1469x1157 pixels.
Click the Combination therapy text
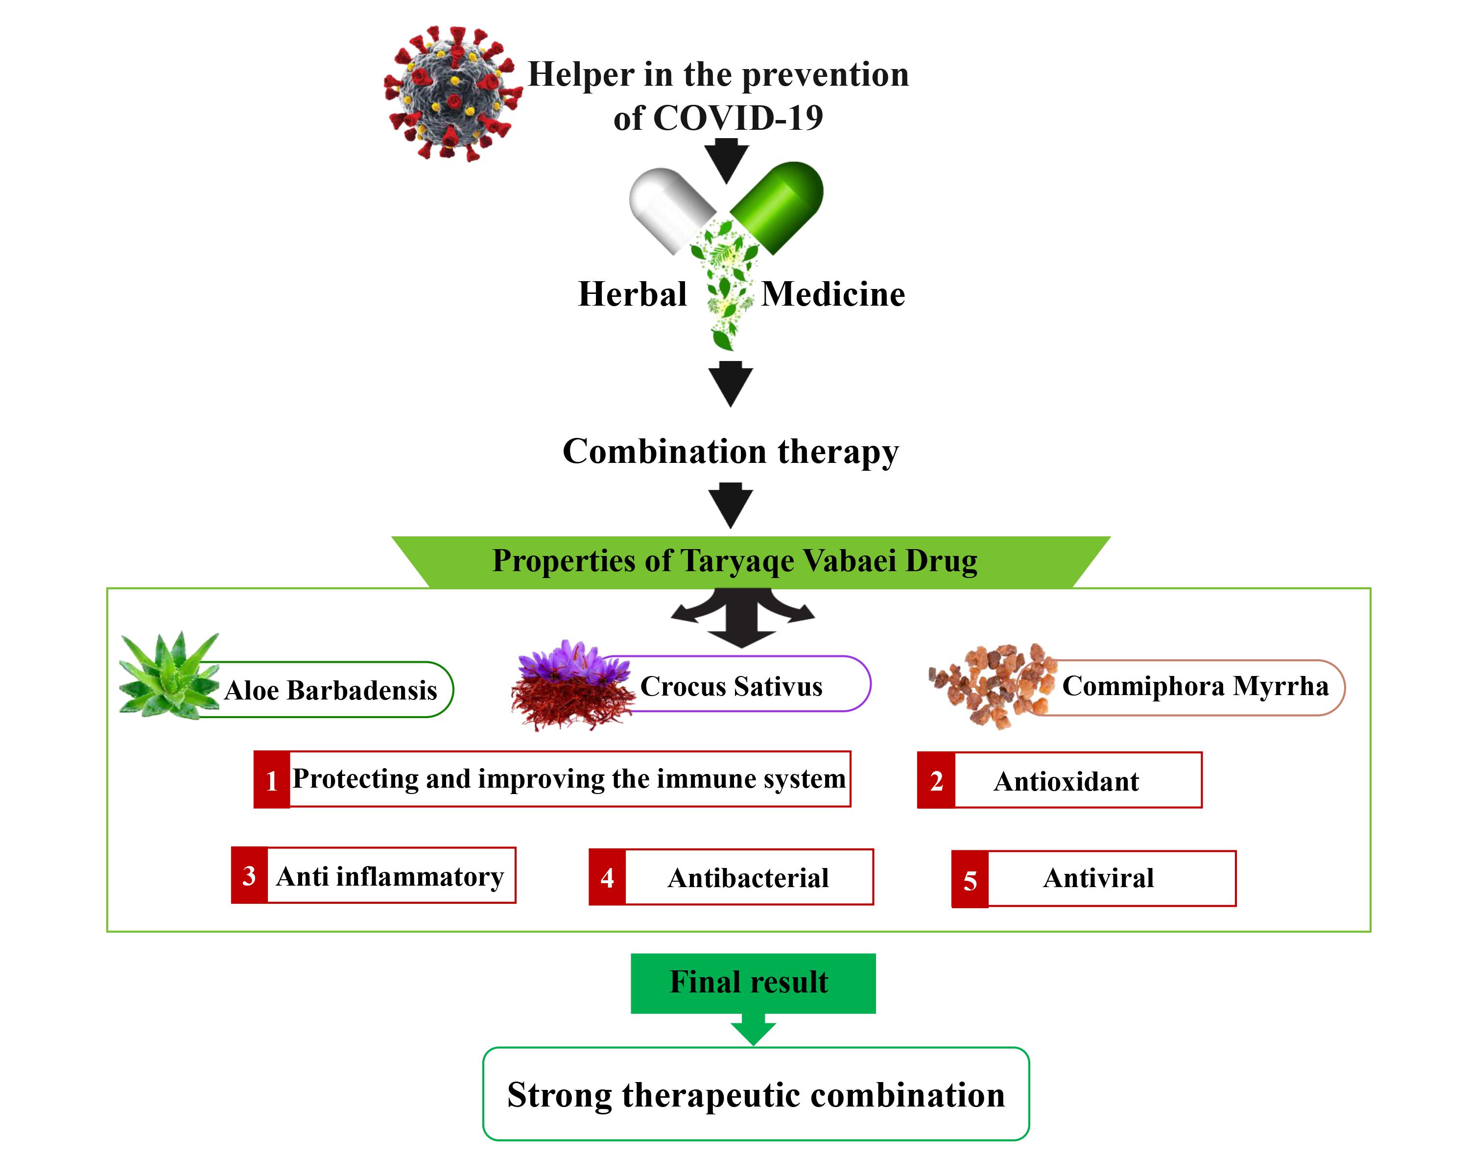730,452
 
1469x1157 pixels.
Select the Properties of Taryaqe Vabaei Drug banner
735,561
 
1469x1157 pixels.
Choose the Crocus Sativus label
732,686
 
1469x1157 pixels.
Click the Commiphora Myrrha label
1195,686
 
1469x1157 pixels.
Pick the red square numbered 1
272,780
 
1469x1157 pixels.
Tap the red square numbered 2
936,780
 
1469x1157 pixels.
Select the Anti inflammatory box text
390,876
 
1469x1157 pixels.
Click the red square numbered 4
607,878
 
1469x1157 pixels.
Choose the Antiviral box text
1098,879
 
